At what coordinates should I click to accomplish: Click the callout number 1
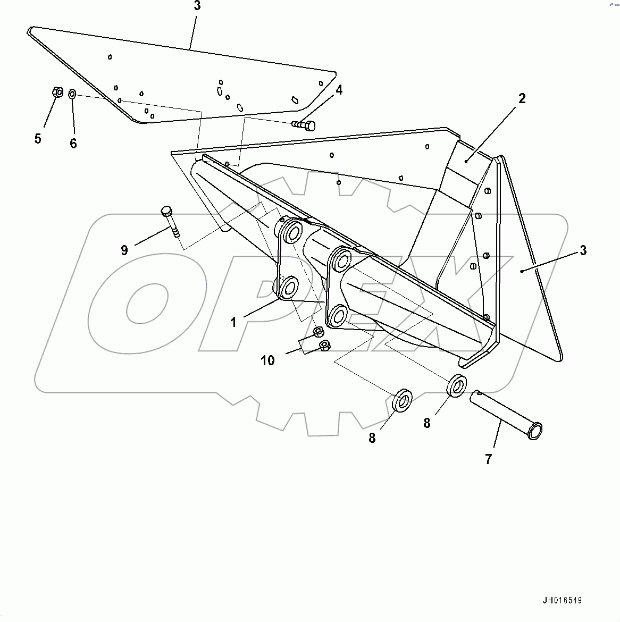[x=233, y=322]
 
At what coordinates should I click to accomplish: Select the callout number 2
[x=522, y=98]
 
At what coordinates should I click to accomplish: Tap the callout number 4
[x=338, y=90]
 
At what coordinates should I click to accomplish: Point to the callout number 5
[x=38, y=139]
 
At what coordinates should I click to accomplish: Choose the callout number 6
[x=73, y=143]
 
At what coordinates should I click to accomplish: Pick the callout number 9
[x=124, y=250]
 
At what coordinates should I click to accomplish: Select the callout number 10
[x=267, y=360]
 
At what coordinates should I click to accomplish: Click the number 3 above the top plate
[x=197, y=6]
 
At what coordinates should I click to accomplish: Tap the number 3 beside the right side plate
[x=583, y=250]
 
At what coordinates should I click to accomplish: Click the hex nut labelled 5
[x=57, y=93]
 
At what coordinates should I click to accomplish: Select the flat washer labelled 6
[x=72, y=94]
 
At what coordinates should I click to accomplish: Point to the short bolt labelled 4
[x=304, y=125]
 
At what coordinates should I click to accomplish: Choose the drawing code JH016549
[x=562, y=601]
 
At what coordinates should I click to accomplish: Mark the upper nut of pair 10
[x=317, y=332]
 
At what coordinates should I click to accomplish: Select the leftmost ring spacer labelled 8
[x=404, y=400]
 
